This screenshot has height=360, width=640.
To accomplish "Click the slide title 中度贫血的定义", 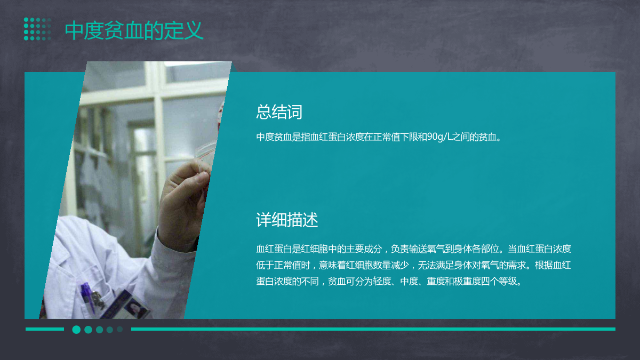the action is coord(134,30).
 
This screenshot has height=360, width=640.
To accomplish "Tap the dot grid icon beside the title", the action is coord(37,29).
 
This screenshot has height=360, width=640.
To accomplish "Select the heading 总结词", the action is coord(279,111).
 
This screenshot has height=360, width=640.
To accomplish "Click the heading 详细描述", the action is coord(287,220).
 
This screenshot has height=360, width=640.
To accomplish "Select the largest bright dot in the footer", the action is coord(76,330).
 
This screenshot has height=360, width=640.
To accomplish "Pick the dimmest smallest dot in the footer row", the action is coord(120,329).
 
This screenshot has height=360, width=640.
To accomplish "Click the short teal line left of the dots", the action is coord(45,329).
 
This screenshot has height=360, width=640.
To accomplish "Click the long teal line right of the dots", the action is coord(373,329).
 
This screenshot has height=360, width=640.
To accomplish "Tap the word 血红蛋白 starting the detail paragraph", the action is coord(274,249).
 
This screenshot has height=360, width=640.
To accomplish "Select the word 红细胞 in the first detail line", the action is coord(314,249).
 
